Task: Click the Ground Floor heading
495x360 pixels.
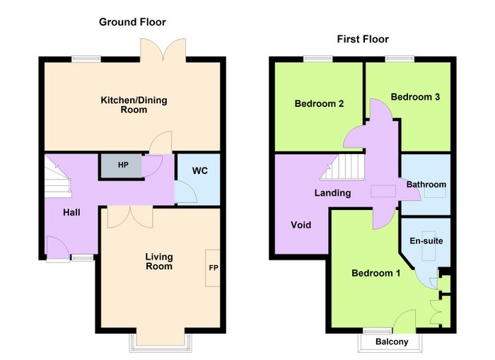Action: click(132, 22)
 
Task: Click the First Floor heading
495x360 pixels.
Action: click(363, 39)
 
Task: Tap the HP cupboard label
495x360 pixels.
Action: click(123, 165)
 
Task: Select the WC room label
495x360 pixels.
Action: click(200, 171)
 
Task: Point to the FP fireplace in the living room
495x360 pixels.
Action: click(213, 268)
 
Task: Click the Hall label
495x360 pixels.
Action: click(71, 212)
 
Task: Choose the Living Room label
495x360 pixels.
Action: click(159, 262)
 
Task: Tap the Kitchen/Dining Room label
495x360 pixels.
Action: click(134, 105)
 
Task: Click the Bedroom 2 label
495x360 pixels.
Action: click(319, 103)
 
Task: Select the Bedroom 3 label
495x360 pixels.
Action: click(415, 97)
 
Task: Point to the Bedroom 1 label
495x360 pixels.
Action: click(376, 273)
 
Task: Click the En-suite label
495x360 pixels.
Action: click(426, 241)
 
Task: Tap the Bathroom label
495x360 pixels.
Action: click(426, 185)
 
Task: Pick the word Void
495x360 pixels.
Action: click(301, 225)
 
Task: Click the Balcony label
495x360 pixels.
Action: click(392, 342)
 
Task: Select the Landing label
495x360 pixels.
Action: click(332, 193)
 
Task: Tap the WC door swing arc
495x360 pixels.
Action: click(185, 192)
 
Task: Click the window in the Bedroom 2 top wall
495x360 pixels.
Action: click(318, 59)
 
